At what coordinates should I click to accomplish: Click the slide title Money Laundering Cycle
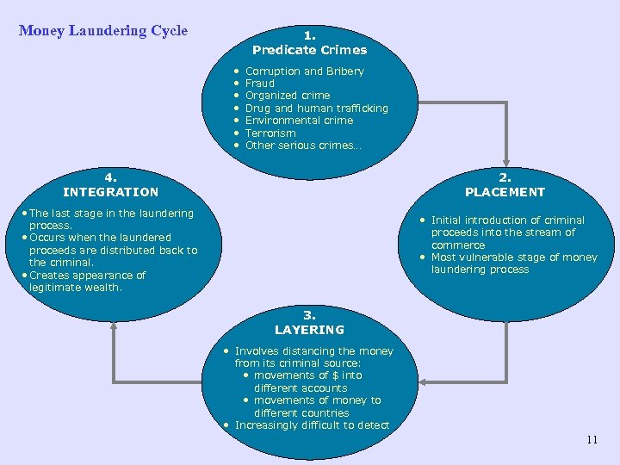(103, 31)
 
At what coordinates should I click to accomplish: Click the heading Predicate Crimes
(309, 50)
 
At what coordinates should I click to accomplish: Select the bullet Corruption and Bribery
(304, 71)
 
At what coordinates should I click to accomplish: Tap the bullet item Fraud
(260, 84)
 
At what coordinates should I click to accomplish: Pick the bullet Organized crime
(288, 96)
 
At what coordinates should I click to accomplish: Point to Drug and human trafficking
(316, 108)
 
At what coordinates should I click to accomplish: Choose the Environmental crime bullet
(299, 121)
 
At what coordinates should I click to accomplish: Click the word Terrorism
(270, 133)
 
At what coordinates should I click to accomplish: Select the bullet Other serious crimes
(303, 146)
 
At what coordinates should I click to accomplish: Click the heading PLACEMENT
(505, 192)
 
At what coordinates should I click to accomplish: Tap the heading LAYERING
(309, 330)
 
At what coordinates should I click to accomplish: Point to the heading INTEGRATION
(111, 192)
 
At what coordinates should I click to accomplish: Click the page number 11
(592, 440)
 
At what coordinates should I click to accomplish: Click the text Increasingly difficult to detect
(312, 425)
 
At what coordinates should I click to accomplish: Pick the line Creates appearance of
(87, 276)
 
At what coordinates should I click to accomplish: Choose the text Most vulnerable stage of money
(514, 257)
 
